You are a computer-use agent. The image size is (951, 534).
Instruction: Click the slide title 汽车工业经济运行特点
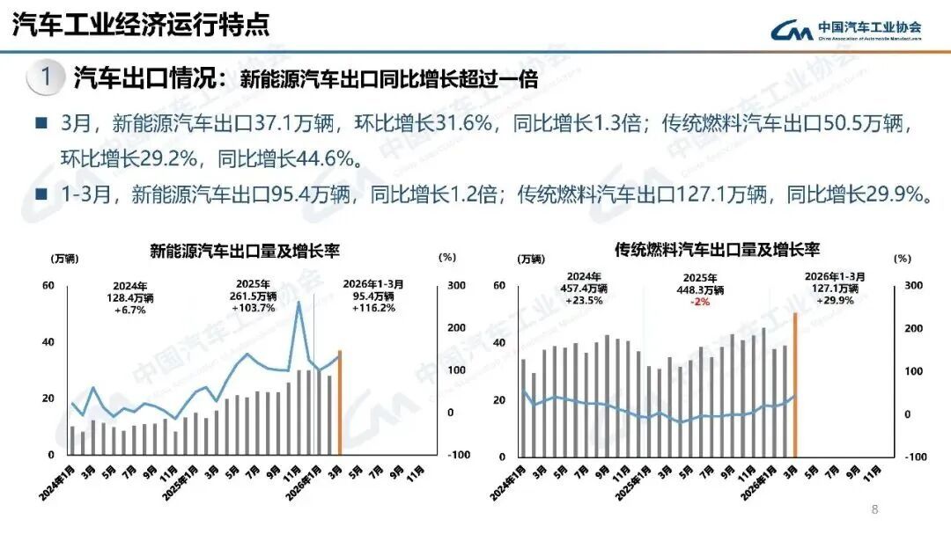click(x=140, y=24)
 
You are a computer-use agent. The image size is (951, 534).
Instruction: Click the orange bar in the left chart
click(x=340, y=402)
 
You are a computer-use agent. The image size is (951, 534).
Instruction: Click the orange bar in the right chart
click(x=795, y=384)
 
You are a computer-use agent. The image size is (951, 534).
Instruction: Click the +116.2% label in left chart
click(x=373, y=308)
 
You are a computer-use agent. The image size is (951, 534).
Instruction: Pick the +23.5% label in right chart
click(x=583, y=300)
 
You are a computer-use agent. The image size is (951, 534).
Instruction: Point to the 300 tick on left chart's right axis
click(x=457, y=286)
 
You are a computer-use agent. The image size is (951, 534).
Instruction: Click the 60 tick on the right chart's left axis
click(x=499, y=286)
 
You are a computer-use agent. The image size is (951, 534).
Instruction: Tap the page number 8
click(x=874, y=509)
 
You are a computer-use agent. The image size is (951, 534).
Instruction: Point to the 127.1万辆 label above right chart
click(x=835, y=288)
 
